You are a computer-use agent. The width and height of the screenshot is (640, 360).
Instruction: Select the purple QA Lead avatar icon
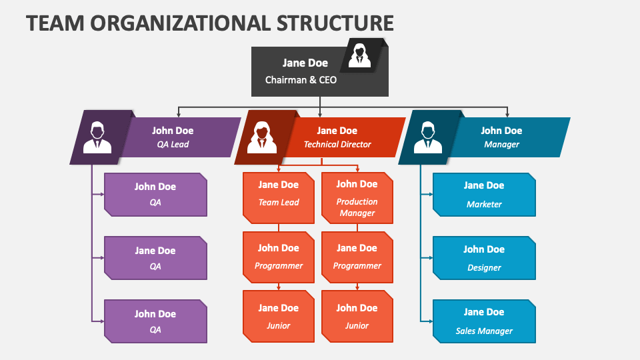[97, 137]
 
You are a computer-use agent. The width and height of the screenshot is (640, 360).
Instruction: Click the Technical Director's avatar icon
[262, 137]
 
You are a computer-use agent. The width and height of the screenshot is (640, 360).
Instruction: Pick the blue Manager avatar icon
[427, 137]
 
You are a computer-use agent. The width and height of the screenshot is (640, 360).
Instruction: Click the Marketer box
[484, 195]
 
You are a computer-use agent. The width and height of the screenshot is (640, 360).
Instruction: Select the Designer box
[484, 258]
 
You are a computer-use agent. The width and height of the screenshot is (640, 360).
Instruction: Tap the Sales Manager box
[484, 321]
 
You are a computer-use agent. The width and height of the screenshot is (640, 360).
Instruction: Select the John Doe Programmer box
[279, 257]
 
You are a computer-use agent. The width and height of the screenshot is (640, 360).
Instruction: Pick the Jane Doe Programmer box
[357, 257]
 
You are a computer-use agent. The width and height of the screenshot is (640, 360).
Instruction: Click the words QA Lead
[173, 144]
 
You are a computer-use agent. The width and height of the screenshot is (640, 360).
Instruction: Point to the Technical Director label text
[337, 144]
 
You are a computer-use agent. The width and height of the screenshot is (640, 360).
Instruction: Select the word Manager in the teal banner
[501, 144]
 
